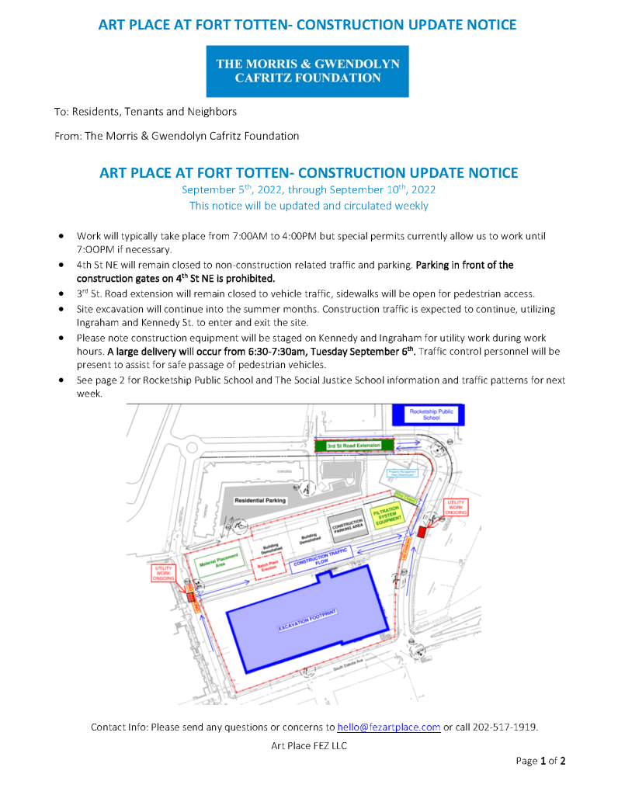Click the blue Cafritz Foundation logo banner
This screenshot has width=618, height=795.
point(307,71)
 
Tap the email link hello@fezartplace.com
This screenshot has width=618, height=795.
point(388,727)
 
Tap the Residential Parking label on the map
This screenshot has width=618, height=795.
point(260,500)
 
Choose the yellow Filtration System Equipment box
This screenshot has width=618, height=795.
point(386,517)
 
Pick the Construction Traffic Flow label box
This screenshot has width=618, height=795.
point(322,559)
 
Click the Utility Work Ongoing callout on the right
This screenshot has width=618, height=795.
point(456,508)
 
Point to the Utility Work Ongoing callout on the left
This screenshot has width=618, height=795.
point(163,573)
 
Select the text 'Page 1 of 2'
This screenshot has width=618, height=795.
point(540,761)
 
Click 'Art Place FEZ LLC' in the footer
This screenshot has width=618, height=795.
point(308,746)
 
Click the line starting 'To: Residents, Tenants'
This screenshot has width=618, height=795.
point(145,112)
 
